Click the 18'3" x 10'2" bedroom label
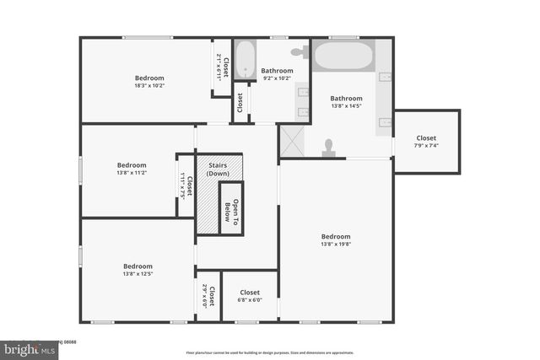coord(148,82)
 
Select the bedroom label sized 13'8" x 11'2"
coord(132,169)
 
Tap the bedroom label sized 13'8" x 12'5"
coord(138,270)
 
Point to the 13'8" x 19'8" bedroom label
coord(335,240)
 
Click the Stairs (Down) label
coord(219,169)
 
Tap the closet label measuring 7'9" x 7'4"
coord(426,142)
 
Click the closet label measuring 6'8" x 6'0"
coord(249,297)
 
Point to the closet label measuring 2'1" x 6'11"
coord(222,67)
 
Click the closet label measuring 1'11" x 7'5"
coord(186,185)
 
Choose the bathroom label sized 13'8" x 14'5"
coord(346,102)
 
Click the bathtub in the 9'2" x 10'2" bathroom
coord(245,59)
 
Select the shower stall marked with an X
coord(291,142)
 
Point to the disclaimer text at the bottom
coord(269,352)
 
